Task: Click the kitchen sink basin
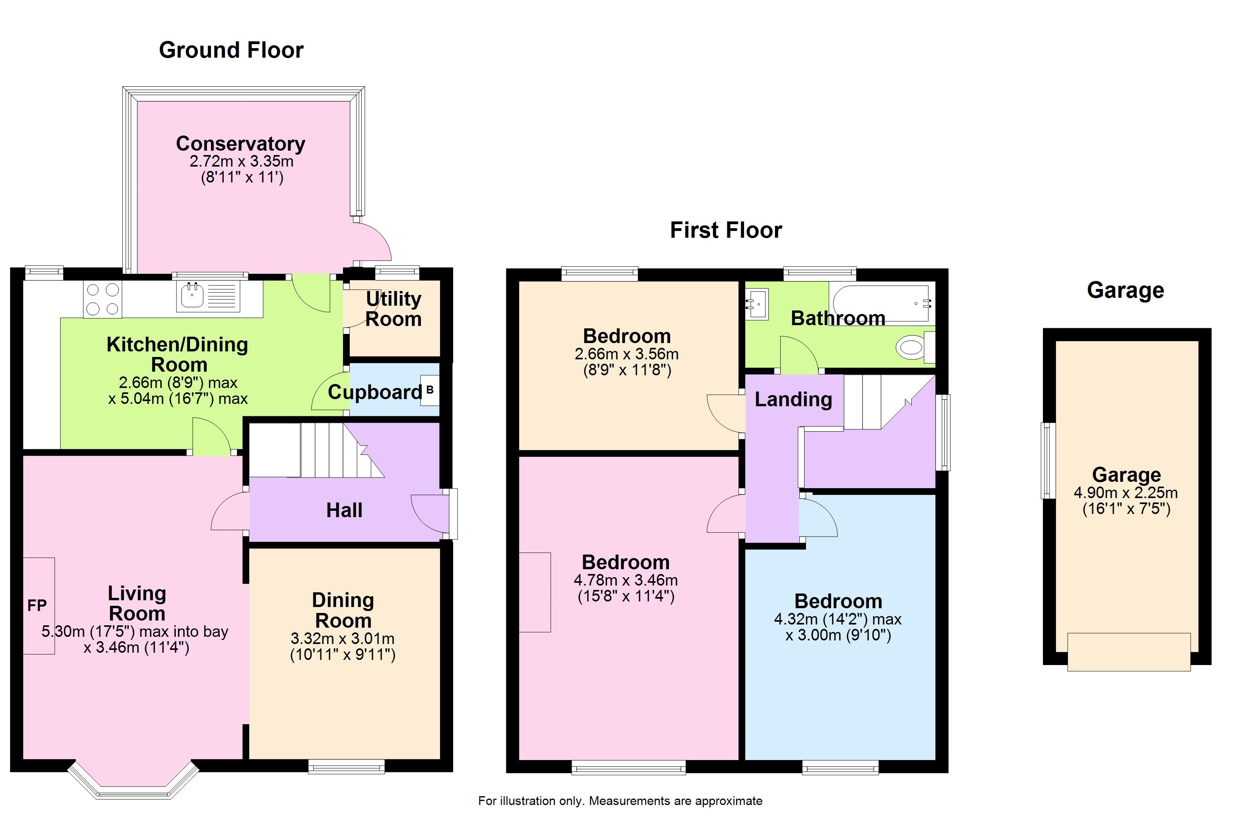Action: pyautogui.click(x=192, y=295)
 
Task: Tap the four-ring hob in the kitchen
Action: pyautogui.click(x=103, y=299)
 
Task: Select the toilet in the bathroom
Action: pyautogui.click(x=915, y=347)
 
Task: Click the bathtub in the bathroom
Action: pyautogui.click(x=882, y=304)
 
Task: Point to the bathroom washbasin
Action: pyautogui.click(x=757, y=304)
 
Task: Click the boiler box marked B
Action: pyautogui.click(x=430, y=390)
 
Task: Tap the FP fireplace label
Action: pyautogui.click(x=37, y=605)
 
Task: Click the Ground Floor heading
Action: pyautogui.click(x=231, y=50)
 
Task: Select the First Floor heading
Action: pyautogui.click(x=726, y=230)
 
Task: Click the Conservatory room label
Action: pyautogui.click(x=240, y=143)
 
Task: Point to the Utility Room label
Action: pyautogui.click(x=393, y=309)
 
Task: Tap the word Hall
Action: pyautogui.click(x=344, y=510)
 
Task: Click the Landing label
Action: pyautogui.click(x=793, y=399)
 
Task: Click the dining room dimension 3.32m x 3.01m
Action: pyautogui.click(x=343, y=638)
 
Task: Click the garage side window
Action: pyautogui.click(x=1048, y=461)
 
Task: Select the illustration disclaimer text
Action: pyautogui.click(x=620, y=801)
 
